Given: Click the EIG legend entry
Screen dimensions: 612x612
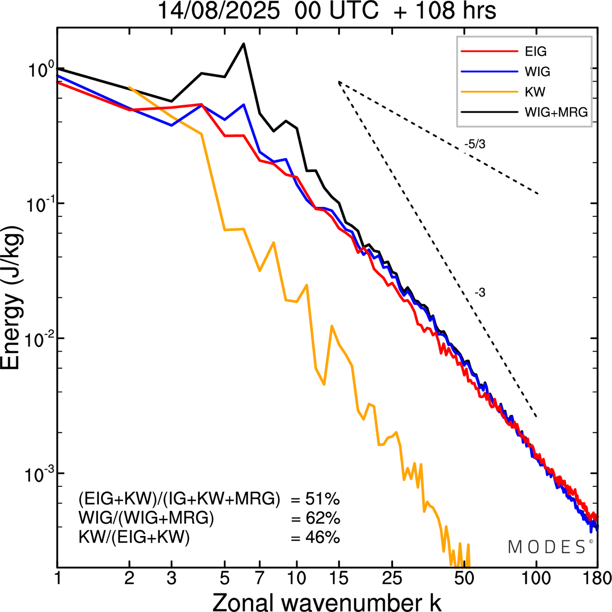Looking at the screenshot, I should click(535, 52).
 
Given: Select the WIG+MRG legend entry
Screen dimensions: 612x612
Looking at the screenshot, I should click(556, 112).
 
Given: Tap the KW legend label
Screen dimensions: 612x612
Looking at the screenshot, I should click(535, 92).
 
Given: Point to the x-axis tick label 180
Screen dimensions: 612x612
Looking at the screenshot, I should click(597, 579).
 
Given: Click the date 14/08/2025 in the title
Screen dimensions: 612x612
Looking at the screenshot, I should click(219, 11).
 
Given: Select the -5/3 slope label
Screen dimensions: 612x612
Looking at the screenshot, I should click(474, 144).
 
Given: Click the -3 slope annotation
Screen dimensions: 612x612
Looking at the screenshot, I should click(480, 293).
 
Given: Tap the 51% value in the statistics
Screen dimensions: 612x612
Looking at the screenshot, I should click(322, 499).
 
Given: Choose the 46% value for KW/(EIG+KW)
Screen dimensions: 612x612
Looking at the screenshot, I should click(322, 538).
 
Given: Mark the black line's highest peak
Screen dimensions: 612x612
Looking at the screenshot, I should click(243, 44).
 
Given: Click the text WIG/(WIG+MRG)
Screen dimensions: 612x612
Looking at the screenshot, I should click(146, 518).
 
